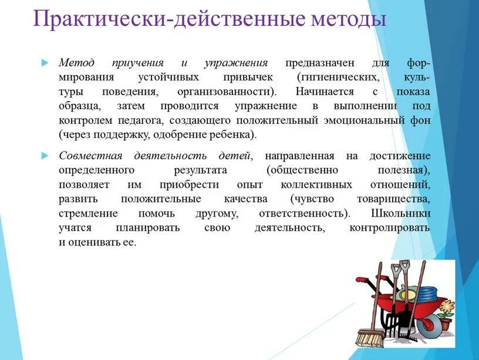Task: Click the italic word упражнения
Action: [x=236, y=62]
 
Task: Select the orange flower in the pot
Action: [x=447, y=306]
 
